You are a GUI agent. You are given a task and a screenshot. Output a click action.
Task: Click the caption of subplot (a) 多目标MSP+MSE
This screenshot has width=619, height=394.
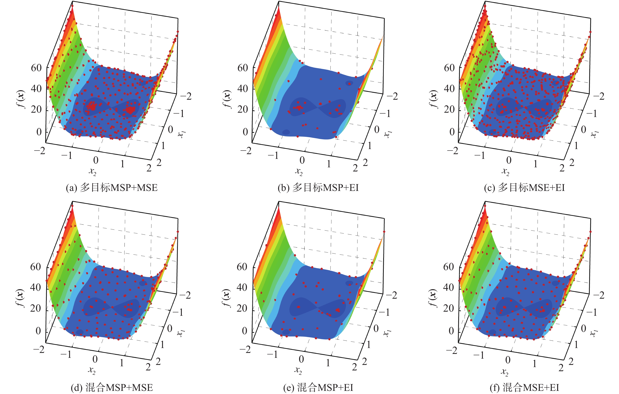(112, 188)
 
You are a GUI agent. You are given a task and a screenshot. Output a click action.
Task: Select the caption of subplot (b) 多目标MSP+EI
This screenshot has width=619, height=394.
(318, 188)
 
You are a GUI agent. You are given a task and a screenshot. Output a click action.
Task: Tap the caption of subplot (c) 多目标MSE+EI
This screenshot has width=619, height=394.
(524, 188)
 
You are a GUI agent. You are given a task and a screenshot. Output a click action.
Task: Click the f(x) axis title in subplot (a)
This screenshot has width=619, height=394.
(21, 99)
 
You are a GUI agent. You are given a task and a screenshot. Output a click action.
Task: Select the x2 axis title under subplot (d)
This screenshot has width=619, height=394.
(92, 371)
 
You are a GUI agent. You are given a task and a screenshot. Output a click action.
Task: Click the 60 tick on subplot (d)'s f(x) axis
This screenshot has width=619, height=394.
(36, 267)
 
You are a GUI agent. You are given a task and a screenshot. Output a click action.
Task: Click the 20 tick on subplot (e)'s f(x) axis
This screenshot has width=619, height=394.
(242, 308)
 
